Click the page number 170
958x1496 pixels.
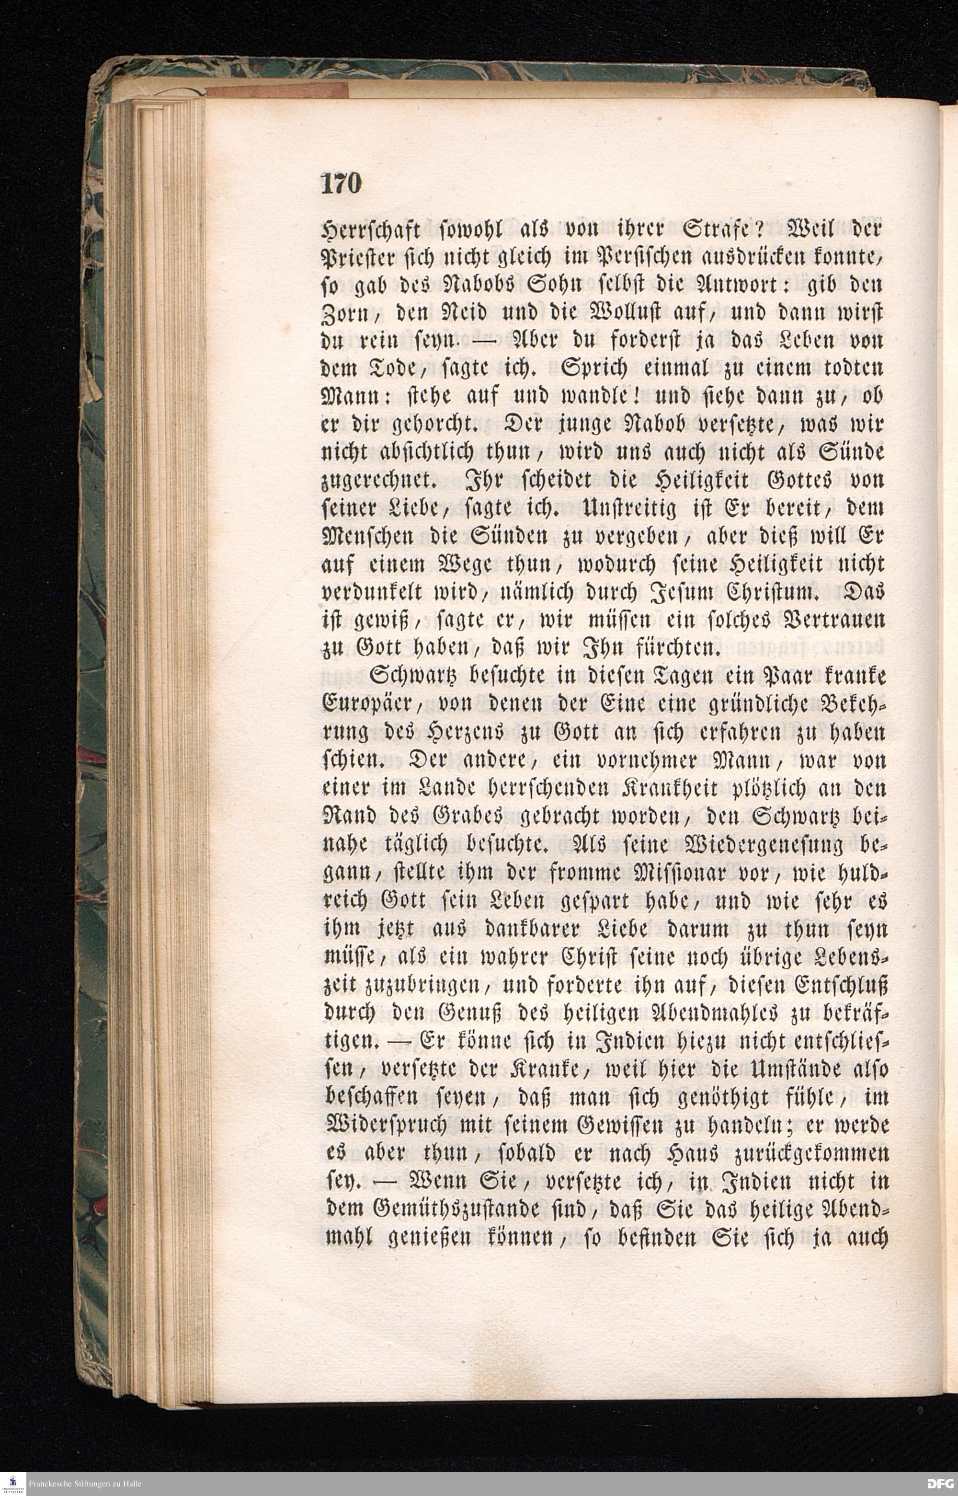click(x=340, y=184)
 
